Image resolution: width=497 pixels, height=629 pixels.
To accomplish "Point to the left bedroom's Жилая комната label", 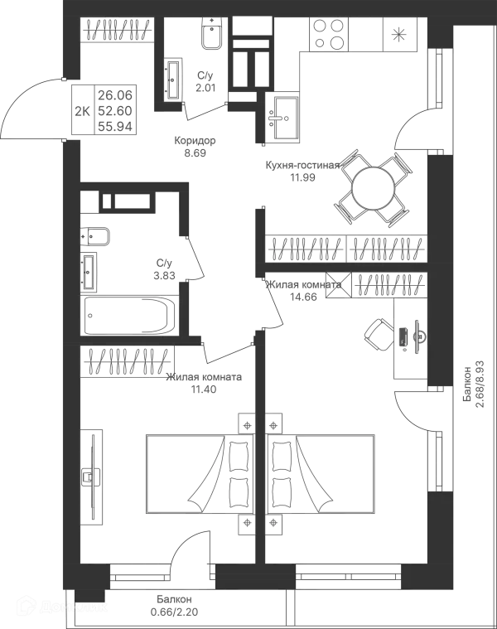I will [x=205, y=382].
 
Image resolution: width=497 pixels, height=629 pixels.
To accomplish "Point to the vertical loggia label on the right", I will [x=471, y=381].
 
